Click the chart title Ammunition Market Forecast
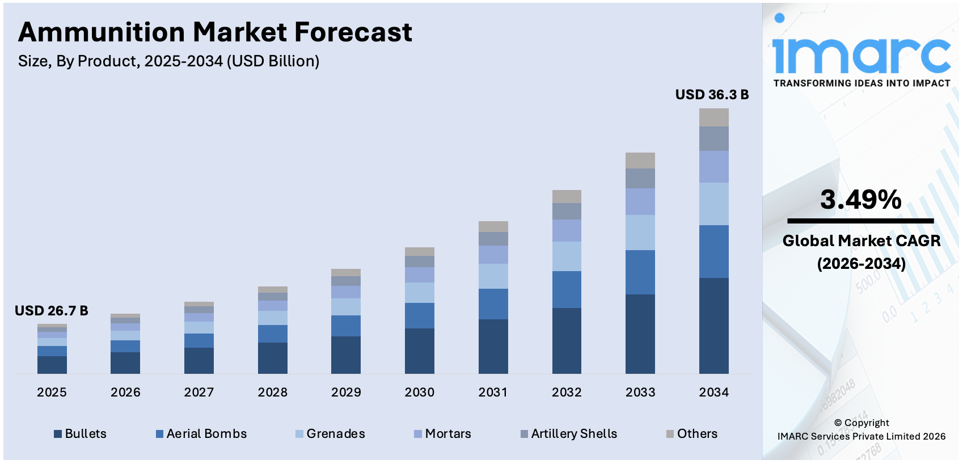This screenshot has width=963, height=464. (215, 32)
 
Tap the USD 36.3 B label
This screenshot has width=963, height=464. (712, 95)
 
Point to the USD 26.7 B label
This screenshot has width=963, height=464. (51, 311)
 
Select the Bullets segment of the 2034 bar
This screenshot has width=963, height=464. (713, 325)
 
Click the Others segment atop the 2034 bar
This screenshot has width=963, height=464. (713, 117)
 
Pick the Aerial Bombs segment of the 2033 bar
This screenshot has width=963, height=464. (640, 272)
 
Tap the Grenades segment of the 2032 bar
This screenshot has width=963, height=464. (567, 256)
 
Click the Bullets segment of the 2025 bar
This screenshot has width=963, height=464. (52, 365)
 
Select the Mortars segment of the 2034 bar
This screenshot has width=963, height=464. (713, 167)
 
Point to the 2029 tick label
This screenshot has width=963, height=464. (346, 393)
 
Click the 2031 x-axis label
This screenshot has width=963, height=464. (493, 393)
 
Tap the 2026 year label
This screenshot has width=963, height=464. (125, 393)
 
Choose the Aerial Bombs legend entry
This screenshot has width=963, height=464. (201, 434)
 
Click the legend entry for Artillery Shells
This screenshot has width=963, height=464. (569, 434)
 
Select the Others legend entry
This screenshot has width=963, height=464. (692, 434)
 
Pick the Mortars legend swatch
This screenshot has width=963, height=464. (418, 435)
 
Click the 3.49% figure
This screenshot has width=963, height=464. (860, 200)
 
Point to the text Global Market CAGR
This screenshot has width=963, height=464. (861, 241)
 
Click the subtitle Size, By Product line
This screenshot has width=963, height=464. (168, 61)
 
